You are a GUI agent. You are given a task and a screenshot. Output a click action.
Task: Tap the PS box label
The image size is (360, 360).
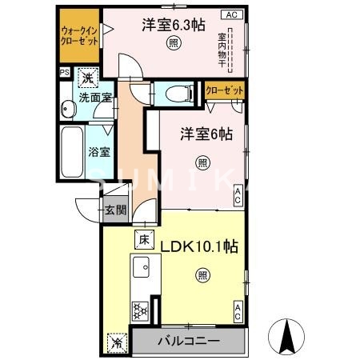[64, 71]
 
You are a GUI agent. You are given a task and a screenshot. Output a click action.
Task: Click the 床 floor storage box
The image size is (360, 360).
[144, 238]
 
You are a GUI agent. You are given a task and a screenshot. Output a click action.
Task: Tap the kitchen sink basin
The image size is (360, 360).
[142, 266]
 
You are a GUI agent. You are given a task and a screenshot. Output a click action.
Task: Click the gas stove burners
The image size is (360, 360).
[141, 309]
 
